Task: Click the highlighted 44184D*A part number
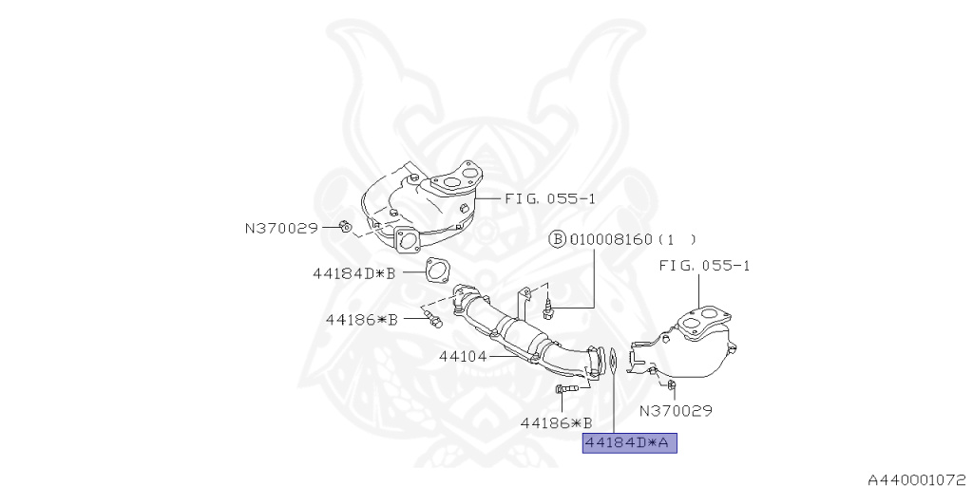pyautogui.click(x=629, y=443)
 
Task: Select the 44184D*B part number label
pyautogui.click(x=353, y=273)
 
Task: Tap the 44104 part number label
pyautogui.click(x=462, y=357)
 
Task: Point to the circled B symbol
pyautogui.click(x=557, y=239)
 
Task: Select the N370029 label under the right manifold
pyautogui.click(x=676, y=411)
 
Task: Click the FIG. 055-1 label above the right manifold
pyautogui.click(x=704, y=267)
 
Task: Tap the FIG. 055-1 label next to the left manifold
pyautogui.click(x=549, y=199)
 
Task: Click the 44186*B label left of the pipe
pyautogui.click(x=360, y=319)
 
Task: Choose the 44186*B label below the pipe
pyautogui.click(x=556, y=422)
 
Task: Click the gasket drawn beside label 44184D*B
pyautogui.click(x=436, y=271)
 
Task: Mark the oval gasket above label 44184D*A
pyautogui.click(x=614, y=361)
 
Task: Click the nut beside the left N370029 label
pyautogui.click(x=345, y=226)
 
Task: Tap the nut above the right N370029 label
pyautogui.click(x=671, y=384)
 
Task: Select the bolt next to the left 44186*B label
pyautogui.click(x=433, y=320)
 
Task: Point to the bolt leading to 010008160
pyautogui.click(x=549, y=306)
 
